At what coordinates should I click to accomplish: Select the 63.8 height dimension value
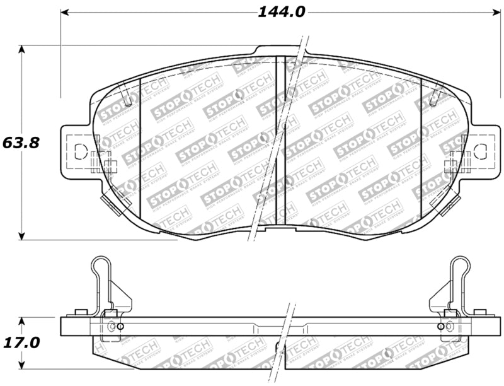click(x=21, y=143)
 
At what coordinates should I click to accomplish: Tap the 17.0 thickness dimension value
click(x=21, y=343)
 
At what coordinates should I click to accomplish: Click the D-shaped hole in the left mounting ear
click(x=79, y=151)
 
